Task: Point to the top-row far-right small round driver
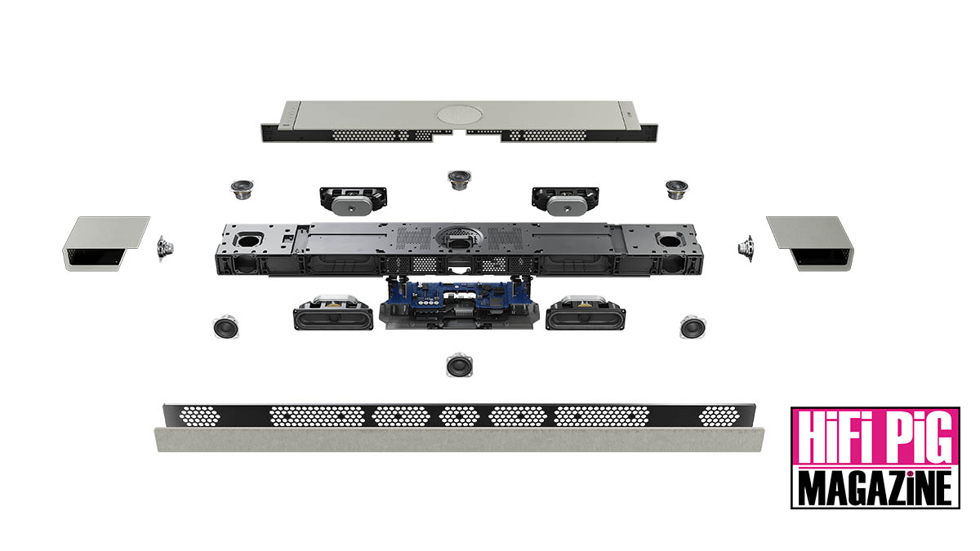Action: click(676, 189)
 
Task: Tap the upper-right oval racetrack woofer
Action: click(563, 198)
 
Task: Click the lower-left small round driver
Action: click(225, 327)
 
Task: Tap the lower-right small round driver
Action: click(692, 327)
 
